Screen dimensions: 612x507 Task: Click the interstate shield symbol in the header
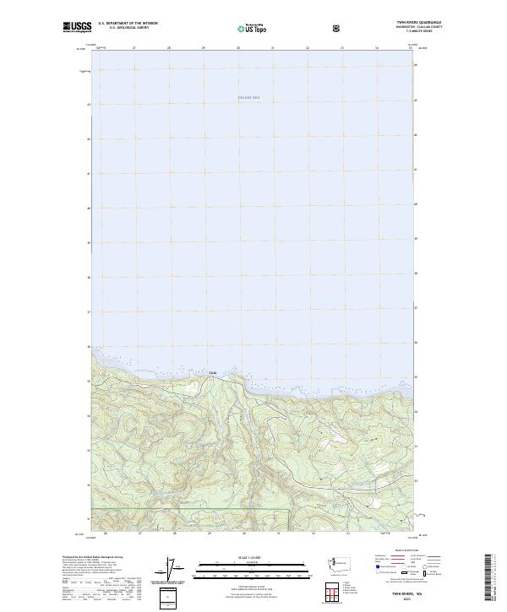(338, 27)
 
